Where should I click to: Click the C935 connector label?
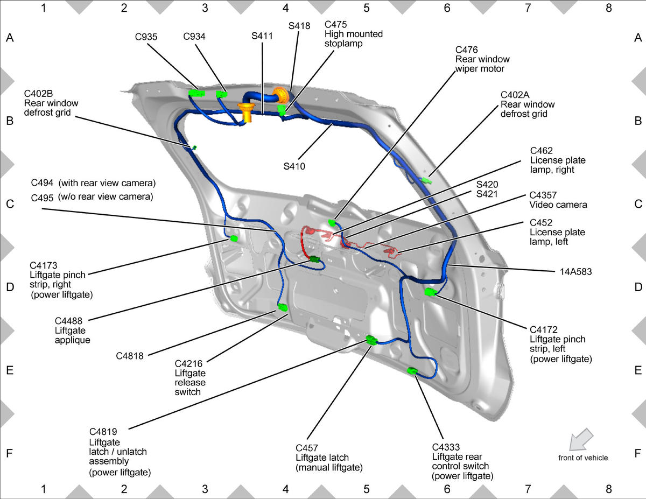(x=146, y=37)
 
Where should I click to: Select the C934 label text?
(x=194, y=37)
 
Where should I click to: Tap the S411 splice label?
(x=262, y=36)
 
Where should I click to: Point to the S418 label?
(x=299, y=26)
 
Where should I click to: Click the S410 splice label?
(x=294, y=166)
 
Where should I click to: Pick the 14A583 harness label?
(x=576, y=272)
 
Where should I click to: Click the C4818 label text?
(x=130, y=356)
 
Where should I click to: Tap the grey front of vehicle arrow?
(x=581, y=440)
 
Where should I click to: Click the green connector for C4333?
(x=412, y=370)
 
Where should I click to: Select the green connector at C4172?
(x=431, y=292)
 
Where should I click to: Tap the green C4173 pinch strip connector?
(x=234, y=238)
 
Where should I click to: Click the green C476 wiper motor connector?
(x=332, y=222)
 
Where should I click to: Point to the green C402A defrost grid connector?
(x=427, y=180)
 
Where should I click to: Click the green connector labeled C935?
(x=196, y=93)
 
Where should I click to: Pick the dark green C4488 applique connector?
(x=314, y=259)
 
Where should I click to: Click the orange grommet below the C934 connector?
(x=247, y=112)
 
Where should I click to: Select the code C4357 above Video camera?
(x=543, y=195)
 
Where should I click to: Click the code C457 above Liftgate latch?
(x=307, y=448)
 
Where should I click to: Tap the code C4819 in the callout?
(x=103, y=432)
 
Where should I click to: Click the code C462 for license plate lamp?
(x=542, y=151)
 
